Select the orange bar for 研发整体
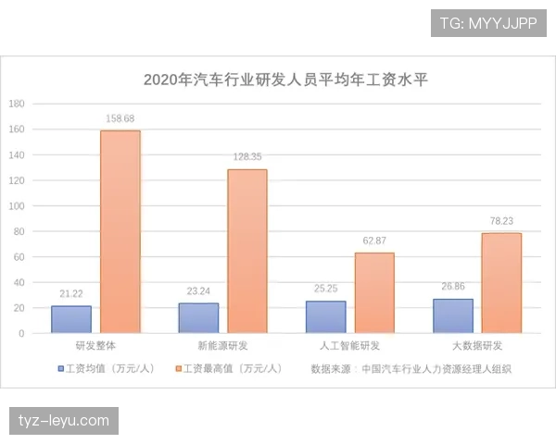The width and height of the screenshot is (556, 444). [120, 231]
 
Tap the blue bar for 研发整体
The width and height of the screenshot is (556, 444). [71, 319]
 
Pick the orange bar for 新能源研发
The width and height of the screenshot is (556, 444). [247, 251]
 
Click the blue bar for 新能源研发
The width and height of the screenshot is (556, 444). [198, 318]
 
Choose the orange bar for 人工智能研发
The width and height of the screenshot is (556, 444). [374, 292]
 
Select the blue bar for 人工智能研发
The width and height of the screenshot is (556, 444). [325, 316]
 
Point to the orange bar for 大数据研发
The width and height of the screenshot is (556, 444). [501, 282]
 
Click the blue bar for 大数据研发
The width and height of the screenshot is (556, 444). [452, 315]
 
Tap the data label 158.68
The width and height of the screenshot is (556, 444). [120, 118]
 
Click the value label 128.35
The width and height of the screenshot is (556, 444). [247, 157]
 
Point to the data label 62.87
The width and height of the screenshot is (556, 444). [374, 240]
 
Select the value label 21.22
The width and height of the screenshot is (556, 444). [71, 293]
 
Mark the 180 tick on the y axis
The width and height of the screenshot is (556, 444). [17, 104]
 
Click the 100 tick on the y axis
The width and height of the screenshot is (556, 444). [17, 205]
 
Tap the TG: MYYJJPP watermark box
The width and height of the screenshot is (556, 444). [487, 21]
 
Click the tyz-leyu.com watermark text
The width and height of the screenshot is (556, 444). [63, 421]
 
